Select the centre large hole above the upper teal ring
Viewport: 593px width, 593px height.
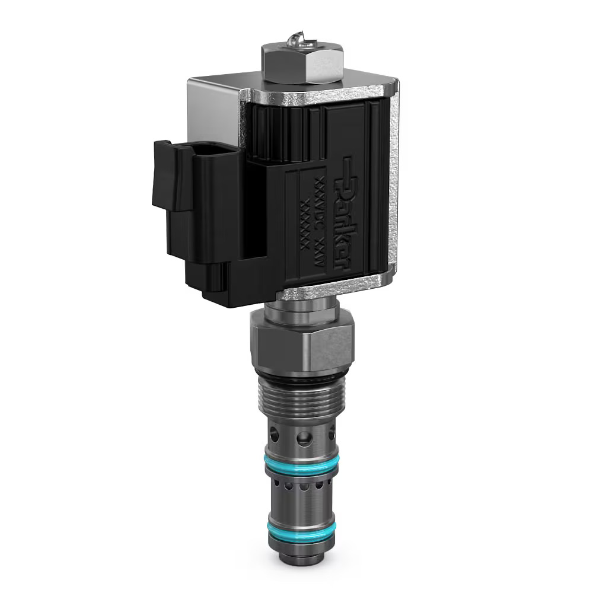(304, 439)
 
